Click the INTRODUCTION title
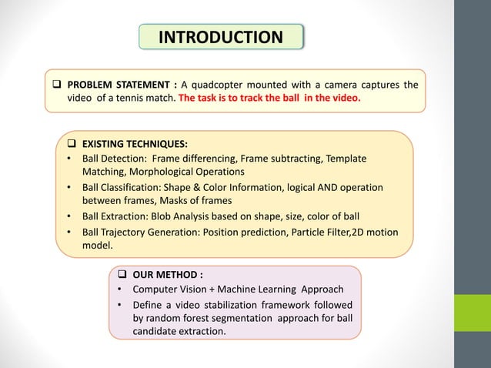point(219,37)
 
